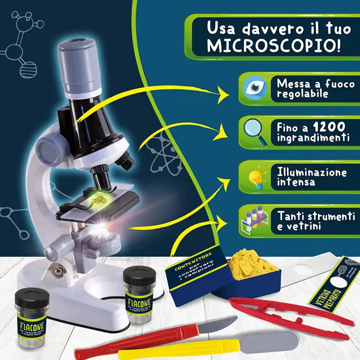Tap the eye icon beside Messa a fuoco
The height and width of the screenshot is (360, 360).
tap(255, 88)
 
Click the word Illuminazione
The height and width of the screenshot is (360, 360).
tap(312, 172)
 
